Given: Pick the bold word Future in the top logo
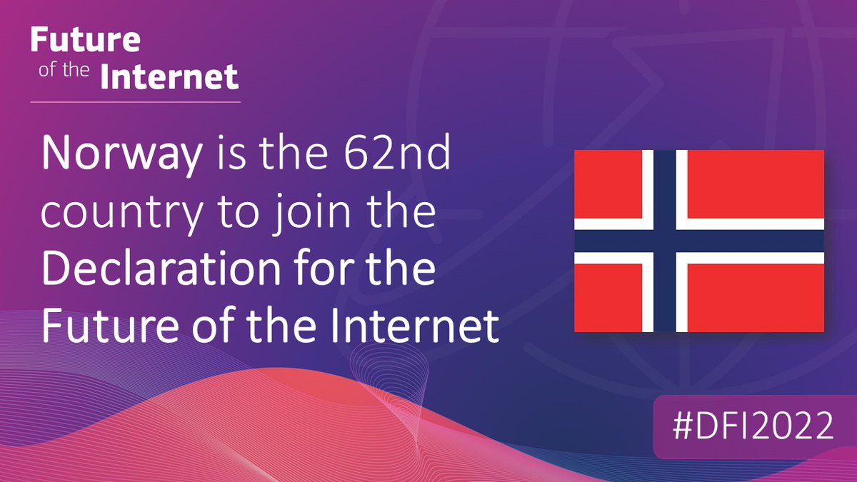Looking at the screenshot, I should (x=85, y=40).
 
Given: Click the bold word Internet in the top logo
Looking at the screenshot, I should (x=169, y=76).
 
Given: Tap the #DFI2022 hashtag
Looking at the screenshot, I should (x=754, y=427).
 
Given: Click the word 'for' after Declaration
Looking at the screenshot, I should (x=331, y=271).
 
